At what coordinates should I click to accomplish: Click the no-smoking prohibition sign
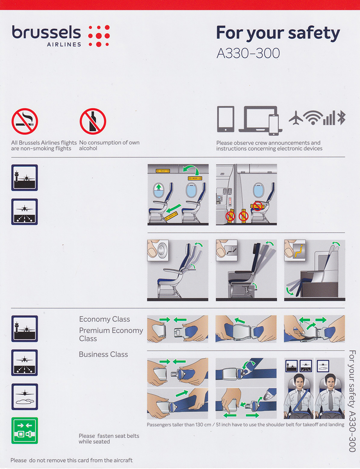click(25, 121)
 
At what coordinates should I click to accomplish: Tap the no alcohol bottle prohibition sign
click(93, 121)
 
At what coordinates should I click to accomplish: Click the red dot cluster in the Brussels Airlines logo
click(99, 36)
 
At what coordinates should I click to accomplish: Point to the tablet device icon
click(226, 119)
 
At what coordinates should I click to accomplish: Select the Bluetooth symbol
click(341, 118)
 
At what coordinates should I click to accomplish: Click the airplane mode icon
click(296, 118)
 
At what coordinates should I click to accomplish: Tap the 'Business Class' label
click(103, 354)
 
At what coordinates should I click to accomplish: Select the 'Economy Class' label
click(104, 319)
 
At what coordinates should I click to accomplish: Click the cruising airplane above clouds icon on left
click(25, 396)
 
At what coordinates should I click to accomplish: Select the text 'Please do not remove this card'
click(47, 460)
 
